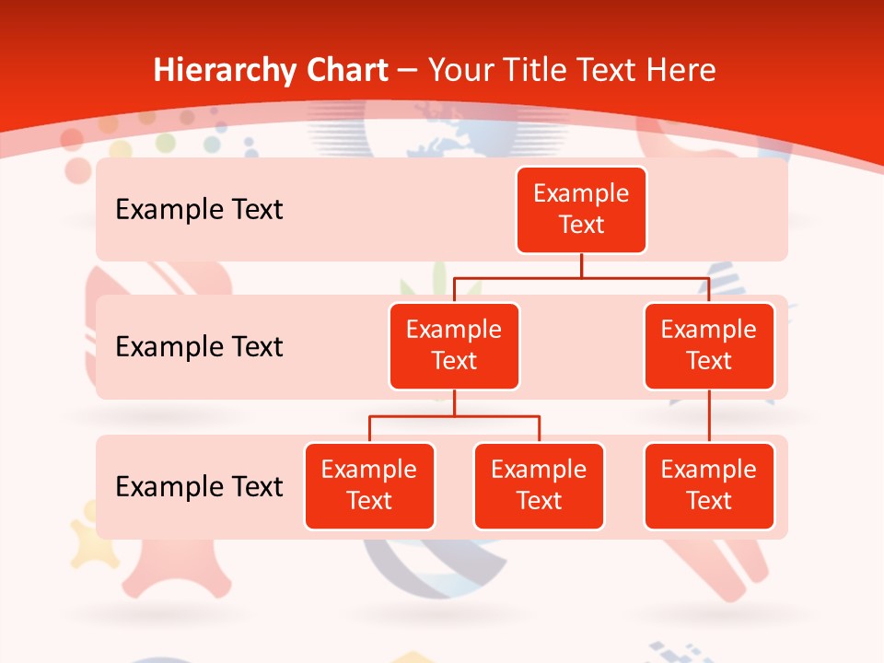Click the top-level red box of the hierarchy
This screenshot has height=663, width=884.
click(x=581, y=210)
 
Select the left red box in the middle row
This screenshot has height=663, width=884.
click(x=454, y=346)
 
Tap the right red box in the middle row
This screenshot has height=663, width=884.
click(x=709, y=346)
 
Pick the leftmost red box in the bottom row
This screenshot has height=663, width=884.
click(x=369, y=486)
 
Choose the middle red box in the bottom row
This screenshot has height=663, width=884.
click(x=539, y=486)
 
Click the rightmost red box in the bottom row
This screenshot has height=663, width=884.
click(x=709, y=486)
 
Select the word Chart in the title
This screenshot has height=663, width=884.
click(x=343, y=70)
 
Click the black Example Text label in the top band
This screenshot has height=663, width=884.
click(x=199, y=210)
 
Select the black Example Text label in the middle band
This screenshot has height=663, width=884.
click(x=199, y=347)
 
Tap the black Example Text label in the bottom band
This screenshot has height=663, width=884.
click(x=199, y=486)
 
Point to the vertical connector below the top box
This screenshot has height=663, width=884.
click(x=581, y=265)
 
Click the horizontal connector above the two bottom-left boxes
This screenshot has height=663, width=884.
click(x=454, y=416)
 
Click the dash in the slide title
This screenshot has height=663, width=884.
click(x=407, y=71)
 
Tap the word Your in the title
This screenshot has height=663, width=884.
click(x=461, y=70)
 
